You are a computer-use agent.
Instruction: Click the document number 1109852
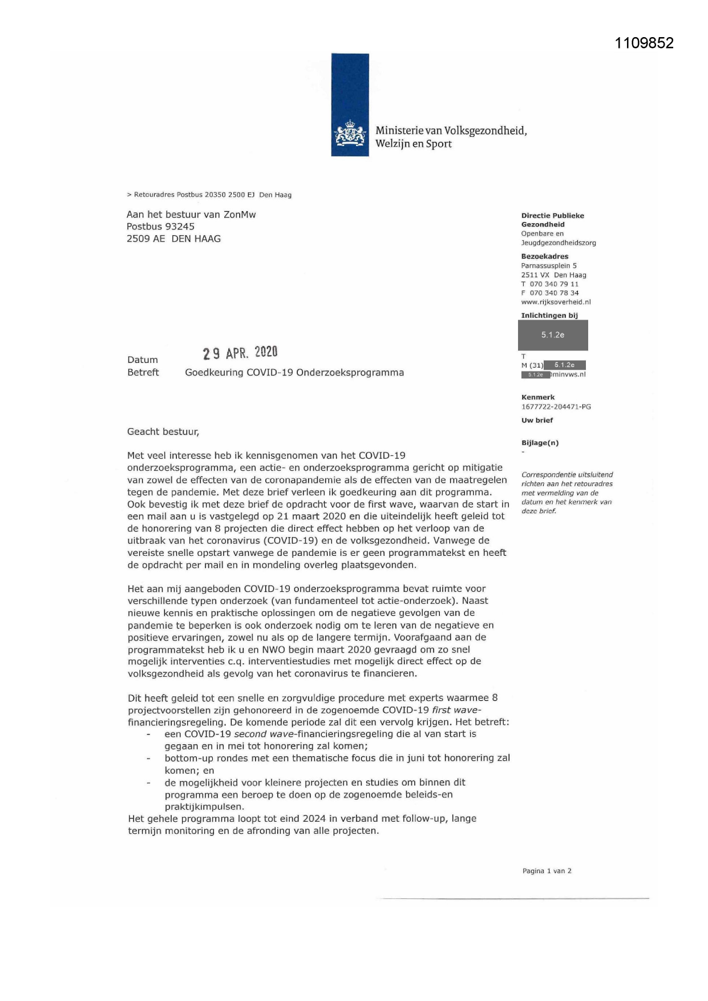[x=644, y=43]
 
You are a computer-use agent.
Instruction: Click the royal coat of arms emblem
[x=350, y=135]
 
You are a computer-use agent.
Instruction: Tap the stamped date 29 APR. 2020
[x=240, y=353]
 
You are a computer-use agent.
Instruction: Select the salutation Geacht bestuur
[x=163, y=432]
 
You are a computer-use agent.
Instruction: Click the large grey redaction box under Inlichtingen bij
[x=553, y=335]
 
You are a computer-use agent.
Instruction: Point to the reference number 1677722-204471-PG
[x=556, y=407]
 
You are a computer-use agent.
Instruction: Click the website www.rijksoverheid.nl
[x=556, y=302]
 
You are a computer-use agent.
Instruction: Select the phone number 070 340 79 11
[x=554, y=284]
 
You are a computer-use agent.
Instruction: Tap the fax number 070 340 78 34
[x=554, y=293]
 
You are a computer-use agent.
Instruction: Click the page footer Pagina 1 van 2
[x=547, y=871]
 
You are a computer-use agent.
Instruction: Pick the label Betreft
[x=143, y=373]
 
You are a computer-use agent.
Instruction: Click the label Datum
[x=143, y=360]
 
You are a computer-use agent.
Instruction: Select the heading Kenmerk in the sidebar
[x=538, y=397]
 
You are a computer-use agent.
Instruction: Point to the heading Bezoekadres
[x=545, y=256]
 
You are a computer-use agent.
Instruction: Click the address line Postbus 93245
[x=160, y=227]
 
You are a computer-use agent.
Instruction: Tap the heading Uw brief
[x=537, y=421]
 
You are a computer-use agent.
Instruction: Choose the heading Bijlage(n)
[x=540, y=443]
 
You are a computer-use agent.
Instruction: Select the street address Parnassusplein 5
[x=549, y=265]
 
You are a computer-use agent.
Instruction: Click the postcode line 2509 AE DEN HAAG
[x=173, y=239]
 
